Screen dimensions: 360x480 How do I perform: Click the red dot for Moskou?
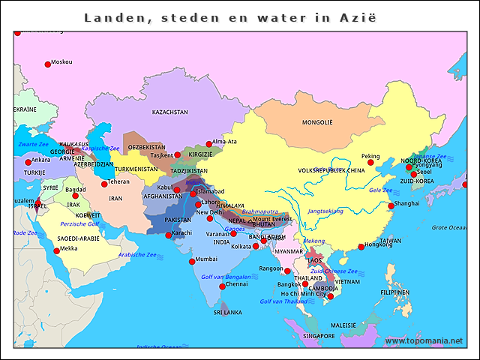coord(48,64)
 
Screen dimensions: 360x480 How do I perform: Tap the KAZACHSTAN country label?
coord(169,112)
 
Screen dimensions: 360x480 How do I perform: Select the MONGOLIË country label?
coord(316,122)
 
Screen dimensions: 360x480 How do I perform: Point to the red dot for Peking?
coord(370,163)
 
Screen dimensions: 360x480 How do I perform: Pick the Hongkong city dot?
coord(361,247)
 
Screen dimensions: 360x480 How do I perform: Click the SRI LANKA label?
coord(227,312)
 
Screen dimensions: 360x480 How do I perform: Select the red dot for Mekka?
coord(56,251)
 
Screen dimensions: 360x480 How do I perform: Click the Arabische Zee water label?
coord(137,255)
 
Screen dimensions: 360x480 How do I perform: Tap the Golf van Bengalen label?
coord(226,277)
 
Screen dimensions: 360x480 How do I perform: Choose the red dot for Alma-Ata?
coord(209,144)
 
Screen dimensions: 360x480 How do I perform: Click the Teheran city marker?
coord(105,184)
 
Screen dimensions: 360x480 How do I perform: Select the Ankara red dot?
coord(28,162)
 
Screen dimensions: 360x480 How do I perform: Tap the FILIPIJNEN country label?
coord(394,292)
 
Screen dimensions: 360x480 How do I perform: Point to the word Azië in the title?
coord(357,16)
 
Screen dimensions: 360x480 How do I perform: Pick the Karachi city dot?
coord(169,235)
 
